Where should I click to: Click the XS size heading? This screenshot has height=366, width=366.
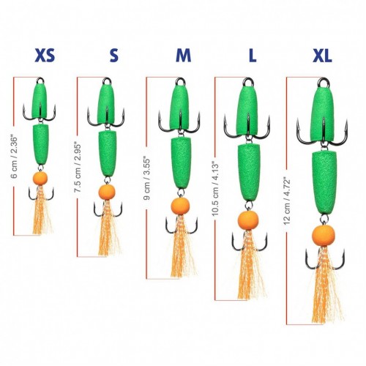(45, 56)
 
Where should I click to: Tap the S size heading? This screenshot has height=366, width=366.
(114, 56)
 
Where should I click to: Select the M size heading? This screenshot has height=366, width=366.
(184, 56)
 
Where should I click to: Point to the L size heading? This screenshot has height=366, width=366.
(253, 56)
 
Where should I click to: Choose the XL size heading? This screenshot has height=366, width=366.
(322, 56)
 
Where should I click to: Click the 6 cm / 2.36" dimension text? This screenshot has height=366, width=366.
(15, 157)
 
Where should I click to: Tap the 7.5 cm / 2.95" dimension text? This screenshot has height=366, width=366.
(78, 168)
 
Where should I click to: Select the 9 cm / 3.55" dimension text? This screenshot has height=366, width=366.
(147, 179)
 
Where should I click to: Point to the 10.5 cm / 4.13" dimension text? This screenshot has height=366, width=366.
(216, 188)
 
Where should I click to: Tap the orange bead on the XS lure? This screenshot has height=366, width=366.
(40, 178)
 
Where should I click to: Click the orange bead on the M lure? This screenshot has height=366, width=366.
(180, 206)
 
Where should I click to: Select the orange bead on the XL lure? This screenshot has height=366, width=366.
(324, 236)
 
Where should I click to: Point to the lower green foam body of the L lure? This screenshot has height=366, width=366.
(249, 172)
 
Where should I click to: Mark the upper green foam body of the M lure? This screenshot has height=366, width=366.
(180, 108)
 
